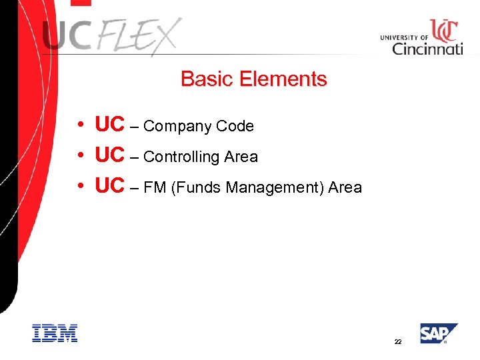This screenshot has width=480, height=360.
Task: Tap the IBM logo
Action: [x=55, y=333]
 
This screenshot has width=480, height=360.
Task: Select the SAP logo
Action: [x=438, y=333]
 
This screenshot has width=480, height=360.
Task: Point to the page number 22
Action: [x=398, y=341]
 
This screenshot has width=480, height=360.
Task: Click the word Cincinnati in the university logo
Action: [x=427, y=49]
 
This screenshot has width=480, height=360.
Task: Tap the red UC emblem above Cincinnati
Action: [x=443, y=30]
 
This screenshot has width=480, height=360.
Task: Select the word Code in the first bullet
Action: [x=235, y=126]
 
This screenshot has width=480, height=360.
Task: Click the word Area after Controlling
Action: [x=241, y=157]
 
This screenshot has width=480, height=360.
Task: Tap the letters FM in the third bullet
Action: [x=155, y=188]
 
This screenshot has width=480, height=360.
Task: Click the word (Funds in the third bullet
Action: [x=196, y=188]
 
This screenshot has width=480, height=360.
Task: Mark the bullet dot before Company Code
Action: [x=79, y=125]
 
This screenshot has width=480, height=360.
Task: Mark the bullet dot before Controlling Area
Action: [x=79, y=155]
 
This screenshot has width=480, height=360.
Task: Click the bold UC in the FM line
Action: [x=110, y=186]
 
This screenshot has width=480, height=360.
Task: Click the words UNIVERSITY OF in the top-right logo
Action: [x=404, y=37]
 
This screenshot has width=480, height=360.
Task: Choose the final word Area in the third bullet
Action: [x=345, y=188]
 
